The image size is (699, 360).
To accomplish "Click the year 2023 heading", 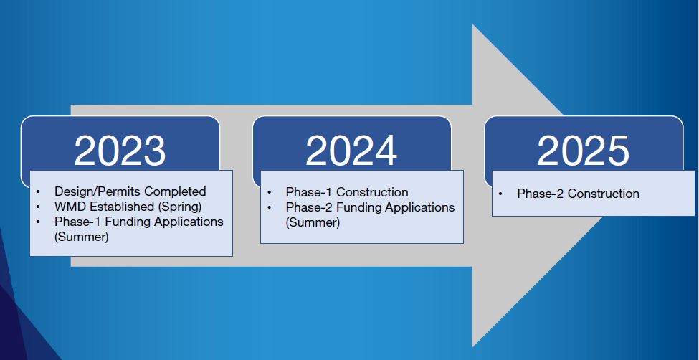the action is pos(120,151).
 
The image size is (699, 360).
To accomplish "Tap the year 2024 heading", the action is pos(351,151).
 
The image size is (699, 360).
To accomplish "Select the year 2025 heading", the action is pos(583,151).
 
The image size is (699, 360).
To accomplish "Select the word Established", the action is pos(122,207).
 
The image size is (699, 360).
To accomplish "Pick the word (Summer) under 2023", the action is pos(82,237).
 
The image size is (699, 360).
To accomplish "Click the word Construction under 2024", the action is pos(372,192).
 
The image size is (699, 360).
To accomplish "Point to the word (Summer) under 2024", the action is pos(313,222).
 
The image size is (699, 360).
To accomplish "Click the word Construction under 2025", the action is pos(603,194).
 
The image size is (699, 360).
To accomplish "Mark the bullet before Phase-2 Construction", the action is pos(500,194).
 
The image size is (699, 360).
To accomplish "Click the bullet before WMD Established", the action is pos(38,207).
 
